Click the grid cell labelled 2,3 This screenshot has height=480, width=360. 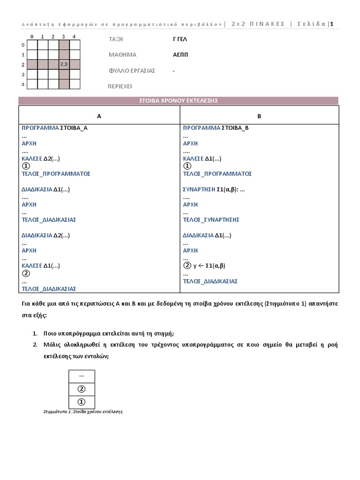pyautogui.click(x=64, y=64)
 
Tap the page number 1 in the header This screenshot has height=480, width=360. pyautogui.click(x=332, y=24)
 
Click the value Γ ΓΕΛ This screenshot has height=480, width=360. pyautogui.click(x=180, y=39)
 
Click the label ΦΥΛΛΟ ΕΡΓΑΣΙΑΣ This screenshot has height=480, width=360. pyautogui.click(x=132, y=71)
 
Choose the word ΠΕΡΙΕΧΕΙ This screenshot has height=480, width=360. pyautogui.click(x=120, y=87)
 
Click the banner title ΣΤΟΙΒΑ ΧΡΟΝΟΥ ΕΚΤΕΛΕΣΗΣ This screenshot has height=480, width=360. pyautogui.click(x=178, y=101)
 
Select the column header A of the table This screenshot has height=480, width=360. pyautogui.click(x=99, y=116)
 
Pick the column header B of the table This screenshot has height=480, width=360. pyautogui.click(x=259, y=116)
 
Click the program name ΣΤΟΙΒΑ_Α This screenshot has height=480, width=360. pyautogui.click(x=75, y=128)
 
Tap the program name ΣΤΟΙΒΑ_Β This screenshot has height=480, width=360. pyautogui.click(x=236, y=128)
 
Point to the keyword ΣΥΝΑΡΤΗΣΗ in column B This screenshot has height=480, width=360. pyautogui.click(x=199, y=189)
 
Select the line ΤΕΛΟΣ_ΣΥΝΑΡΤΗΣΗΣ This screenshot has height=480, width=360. pyautogui.click(x=211, y=219)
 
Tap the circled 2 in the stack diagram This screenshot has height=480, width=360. pyautogui.click(x=82, y=389)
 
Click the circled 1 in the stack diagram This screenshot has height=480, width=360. pyautogui.click(x=82, y=402)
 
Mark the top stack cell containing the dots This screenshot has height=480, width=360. pyautogui.click(x=82, y=376)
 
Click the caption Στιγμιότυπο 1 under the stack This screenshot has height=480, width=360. pyautogui.click(x=82, y=412)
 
